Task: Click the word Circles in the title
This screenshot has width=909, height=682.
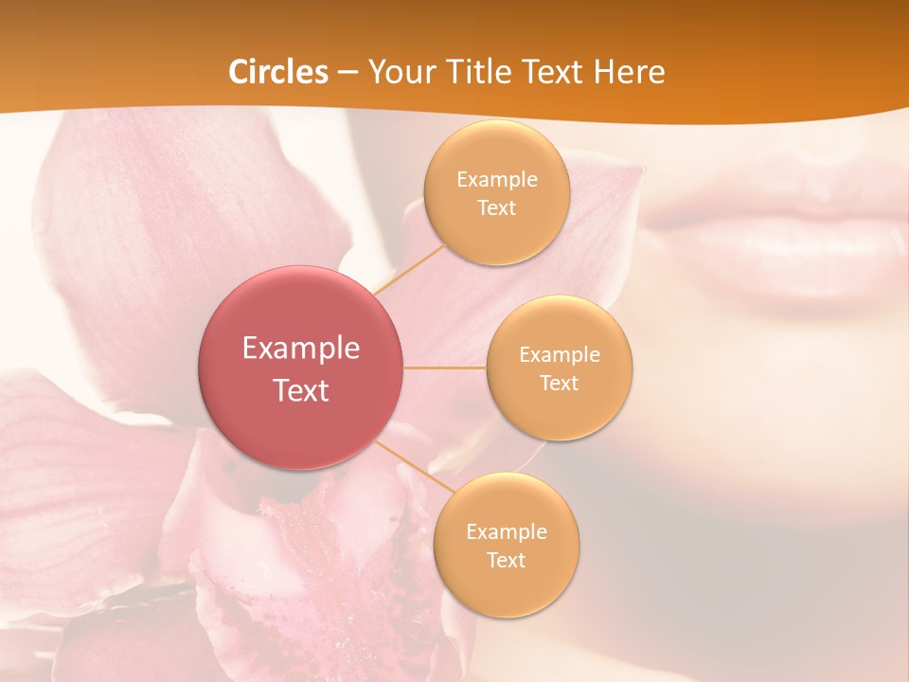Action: (278, 72)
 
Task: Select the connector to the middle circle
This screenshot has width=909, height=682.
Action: (445, 368)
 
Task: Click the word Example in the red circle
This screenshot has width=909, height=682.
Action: (300, 349)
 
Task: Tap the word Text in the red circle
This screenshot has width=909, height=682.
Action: (300, 390)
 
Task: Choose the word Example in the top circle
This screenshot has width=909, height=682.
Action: (496, 180)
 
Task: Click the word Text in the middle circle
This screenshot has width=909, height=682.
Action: (559, 383)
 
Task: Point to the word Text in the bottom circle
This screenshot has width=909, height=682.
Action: (506, 560)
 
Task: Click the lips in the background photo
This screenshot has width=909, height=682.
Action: (776, 237)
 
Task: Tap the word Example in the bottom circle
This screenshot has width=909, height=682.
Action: (506, 531)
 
